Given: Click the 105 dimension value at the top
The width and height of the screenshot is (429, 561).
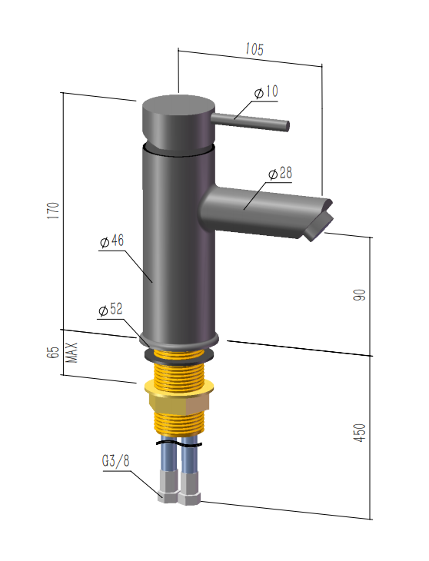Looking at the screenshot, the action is [x=254, y=49].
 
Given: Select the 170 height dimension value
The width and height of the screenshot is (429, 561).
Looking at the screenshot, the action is [x=54, y=211].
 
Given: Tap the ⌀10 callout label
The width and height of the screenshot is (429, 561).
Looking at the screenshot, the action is [x=266, y=92].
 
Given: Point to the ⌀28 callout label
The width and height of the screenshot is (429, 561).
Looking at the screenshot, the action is [x=280, y=174].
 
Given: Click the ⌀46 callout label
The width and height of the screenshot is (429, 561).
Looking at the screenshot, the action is [x=112, y=241].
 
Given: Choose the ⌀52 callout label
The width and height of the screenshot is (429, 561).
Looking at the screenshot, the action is [x=111, y=310].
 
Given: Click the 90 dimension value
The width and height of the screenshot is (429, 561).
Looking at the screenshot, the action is [x=360, y=295].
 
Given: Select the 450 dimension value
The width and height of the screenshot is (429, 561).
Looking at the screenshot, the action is [x=360, y=433].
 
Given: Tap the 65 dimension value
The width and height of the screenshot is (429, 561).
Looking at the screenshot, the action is [x=53, y=353].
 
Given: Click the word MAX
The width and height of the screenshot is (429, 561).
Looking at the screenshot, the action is [x=72, y=353].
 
